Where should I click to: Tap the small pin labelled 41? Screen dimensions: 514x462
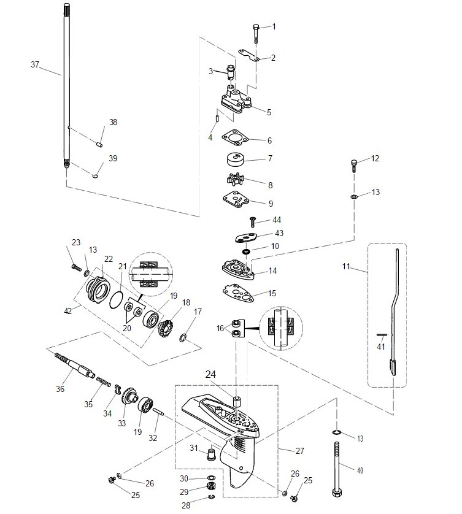381,334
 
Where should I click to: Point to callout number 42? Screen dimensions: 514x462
68,312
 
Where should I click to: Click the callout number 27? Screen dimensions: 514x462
299,451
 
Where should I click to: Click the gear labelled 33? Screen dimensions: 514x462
129,396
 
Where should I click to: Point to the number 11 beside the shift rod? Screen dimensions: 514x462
347,267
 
